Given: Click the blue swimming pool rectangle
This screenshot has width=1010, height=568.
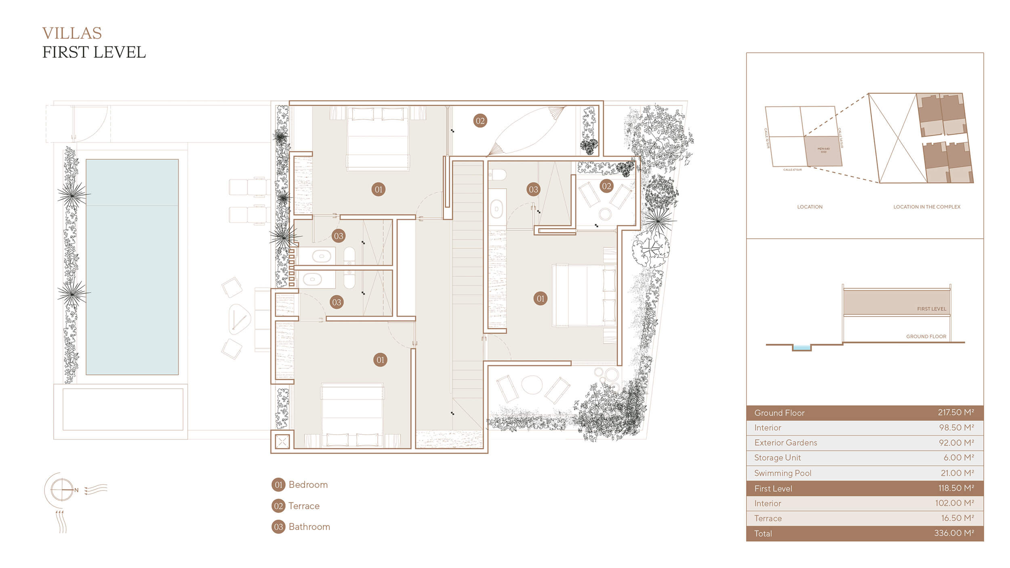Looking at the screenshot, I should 132,267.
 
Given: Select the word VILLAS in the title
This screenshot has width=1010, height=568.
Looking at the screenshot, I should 72,33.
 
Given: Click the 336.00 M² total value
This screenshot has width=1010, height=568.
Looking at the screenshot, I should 953,533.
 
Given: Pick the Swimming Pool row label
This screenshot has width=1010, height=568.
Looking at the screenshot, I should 783,473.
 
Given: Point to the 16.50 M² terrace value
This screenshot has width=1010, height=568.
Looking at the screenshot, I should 957,518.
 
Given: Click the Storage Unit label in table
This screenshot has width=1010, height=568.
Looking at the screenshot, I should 777,458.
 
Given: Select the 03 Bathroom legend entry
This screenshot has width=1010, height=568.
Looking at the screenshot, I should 301,527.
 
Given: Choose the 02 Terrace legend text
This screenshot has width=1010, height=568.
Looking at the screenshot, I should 304,506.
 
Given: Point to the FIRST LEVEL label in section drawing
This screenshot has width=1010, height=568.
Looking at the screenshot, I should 931,309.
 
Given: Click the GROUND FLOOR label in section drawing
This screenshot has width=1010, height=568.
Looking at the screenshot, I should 926,336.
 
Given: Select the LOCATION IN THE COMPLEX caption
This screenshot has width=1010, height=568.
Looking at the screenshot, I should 926,207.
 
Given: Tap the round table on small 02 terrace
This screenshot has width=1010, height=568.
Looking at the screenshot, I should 605,214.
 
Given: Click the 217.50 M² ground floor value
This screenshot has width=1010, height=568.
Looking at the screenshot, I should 955,412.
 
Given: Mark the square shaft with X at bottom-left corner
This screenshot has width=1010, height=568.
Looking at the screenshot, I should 282,442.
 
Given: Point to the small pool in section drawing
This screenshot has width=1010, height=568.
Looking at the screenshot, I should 802,347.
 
